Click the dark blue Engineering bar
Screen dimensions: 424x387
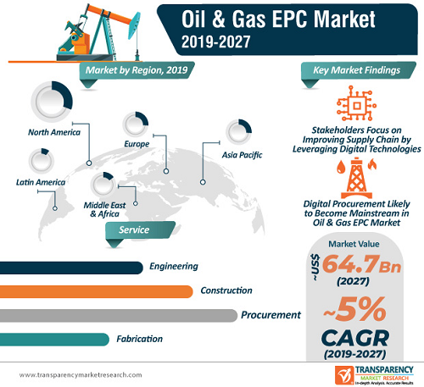tap(71, 268)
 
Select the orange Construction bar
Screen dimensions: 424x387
tap(96, 291)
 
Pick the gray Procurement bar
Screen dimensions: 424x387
tap(119, 316)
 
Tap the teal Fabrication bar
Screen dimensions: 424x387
tap(54, 340)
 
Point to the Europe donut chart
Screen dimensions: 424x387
tap(143, 118)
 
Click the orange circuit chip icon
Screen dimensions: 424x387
tap(356, 103)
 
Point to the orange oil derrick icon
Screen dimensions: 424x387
tap(357, 178)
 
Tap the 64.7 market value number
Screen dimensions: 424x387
tap(350, 263)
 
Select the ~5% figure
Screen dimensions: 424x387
tap(354, 309)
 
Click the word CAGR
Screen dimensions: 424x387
tap(355, 338)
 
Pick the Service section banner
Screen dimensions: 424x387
tap(140, 229)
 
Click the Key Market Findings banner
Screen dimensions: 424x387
tap(359, 70)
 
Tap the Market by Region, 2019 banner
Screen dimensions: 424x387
tap(137, 70)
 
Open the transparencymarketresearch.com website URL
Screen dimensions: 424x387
tap(81, 375)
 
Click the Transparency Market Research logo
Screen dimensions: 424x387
tap(374, 375)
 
